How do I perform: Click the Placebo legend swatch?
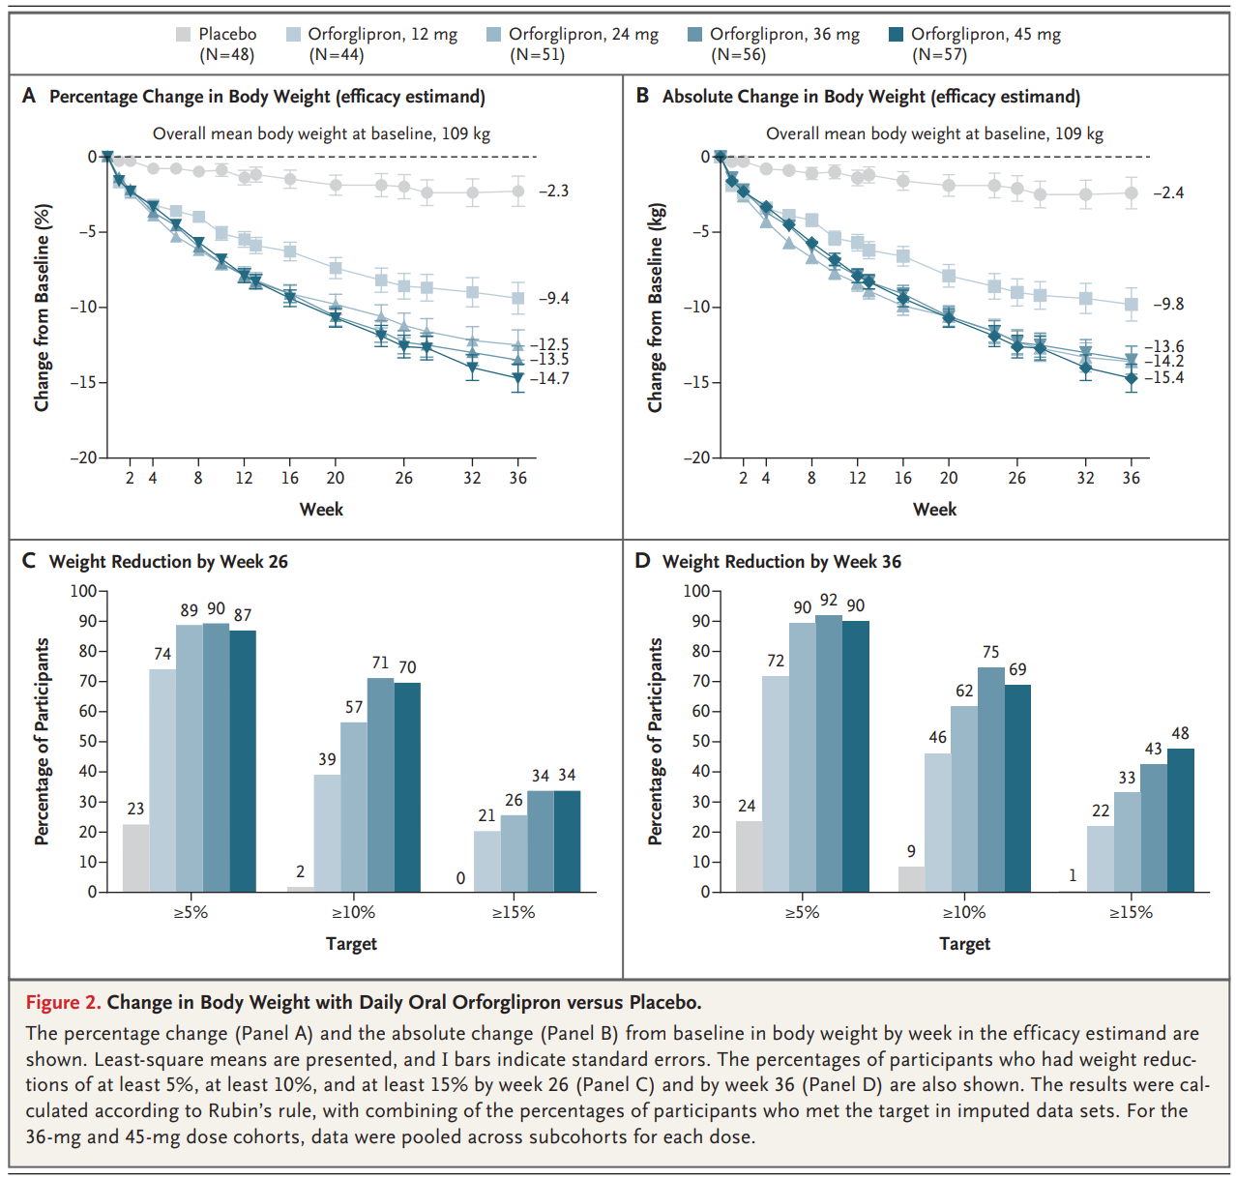pos(184,35)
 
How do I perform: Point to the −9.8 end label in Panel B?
pos(1167,304)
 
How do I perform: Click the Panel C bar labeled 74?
pos(162,780)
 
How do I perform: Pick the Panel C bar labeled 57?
pos(354,807)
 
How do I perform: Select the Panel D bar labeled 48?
pos(1180,819)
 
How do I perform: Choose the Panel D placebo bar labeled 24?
pos(749,856)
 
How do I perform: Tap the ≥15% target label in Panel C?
pos(513,912)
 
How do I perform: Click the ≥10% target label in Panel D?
pos(963,912)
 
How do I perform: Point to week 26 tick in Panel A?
pos(404,478)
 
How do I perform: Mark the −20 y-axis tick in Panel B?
pos(698,457)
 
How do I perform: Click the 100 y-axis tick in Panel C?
pos(83,591)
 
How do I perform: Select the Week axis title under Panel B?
pos(934,510)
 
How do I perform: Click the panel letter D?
pos(642,561)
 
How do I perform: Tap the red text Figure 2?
pos(63,1002)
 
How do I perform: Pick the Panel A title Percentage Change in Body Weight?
pos(267,97)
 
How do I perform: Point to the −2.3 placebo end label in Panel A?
pos(553,191)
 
